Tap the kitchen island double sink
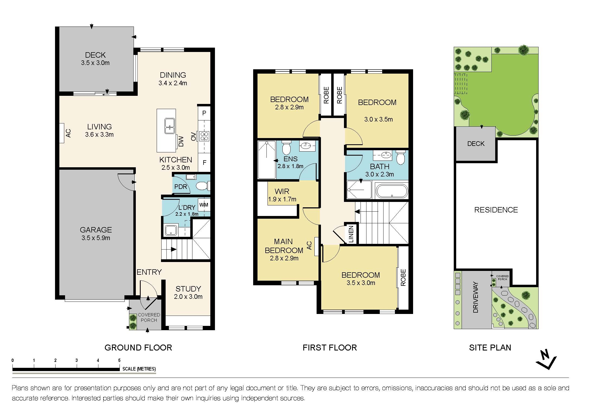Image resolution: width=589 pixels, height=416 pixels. point(170,126)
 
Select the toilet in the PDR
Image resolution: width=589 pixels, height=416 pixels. point(202,186)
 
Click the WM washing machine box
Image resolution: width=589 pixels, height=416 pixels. point(204,205)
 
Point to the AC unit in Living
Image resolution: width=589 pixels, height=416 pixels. point(62,133)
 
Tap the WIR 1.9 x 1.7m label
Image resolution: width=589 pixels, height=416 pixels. point(282,195)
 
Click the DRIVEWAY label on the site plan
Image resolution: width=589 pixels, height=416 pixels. point(475,297)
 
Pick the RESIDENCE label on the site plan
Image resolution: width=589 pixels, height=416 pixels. point(496,210)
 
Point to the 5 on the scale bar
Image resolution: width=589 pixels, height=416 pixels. point(119,360)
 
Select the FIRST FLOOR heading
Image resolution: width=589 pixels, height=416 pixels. point(330,348)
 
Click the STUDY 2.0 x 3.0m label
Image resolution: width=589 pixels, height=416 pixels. point(188,292)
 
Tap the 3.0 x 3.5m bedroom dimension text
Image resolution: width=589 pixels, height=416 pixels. point(378,119)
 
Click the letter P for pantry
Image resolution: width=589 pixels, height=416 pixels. point(204,113)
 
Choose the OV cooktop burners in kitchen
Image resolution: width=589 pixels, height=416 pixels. point(204,136)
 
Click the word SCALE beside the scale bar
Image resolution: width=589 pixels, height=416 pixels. point(129,369)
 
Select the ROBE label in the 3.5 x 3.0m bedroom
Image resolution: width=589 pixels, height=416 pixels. point(403,277)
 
